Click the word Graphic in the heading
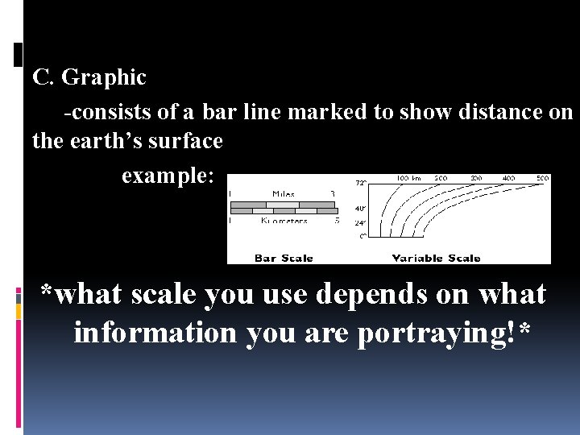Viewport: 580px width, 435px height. (x=104, y=78)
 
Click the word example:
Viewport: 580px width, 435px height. (x=168, y=175)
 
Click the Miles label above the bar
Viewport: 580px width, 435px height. (x=283, y=194)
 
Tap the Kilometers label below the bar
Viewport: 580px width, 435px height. (x=284, y=220)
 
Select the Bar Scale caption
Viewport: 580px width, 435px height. (x=284, y=259)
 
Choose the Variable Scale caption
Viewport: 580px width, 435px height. (x=436, y=259)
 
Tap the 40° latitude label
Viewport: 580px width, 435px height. (x=361, y=209)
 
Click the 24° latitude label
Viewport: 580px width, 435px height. (x=361, y=222)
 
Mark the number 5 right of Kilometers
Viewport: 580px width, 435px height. (x=337, y=220)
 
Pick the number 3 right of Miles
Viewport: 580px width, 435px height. (x=332, y=194)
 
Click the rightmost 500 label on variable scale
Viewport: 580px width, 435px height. (x=543, y=178)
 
